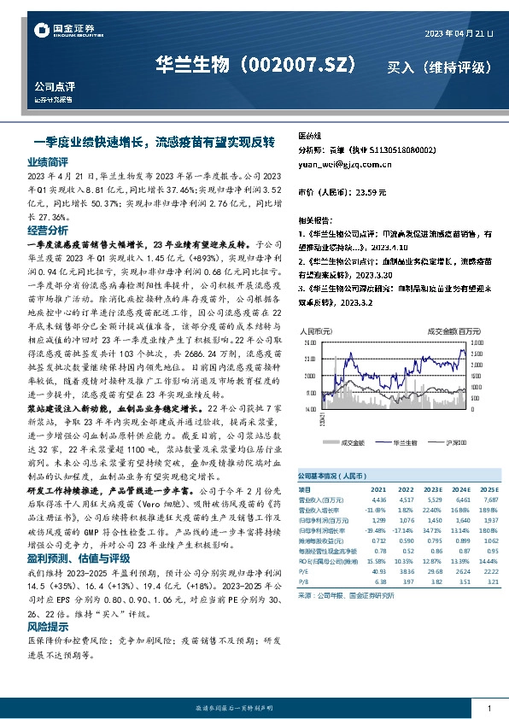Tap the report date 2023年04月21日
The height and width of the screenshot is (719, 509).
tap(459, 33)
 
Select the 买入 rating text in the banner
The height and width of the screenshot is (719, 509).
tap(403, 67)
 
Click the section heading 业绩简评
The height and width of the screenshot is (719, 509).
tap(47, 161)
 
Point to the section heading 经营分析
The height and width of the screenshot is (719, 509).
tap(47, 231)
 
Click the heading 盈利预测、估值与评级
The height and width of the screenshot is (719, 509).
tap(75, 535)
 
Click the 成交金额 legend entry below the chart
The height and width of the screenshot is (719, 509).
tap(352, 443)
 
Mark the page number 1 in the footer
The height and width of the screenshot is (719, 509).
tap(488, 709)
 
